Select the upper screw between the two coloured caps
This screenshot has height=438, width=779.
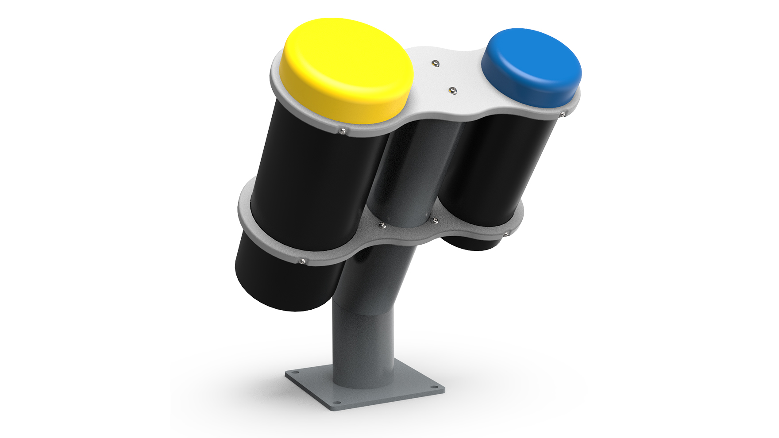436,63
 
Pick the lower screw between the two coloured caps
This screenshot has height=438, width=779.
452,91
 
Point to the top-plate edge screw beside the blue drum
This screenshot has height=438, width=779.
562,115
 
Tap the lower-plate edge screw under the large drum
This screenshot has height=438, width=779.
302,261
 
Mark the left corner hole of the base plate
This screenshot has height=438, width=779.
295,373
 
